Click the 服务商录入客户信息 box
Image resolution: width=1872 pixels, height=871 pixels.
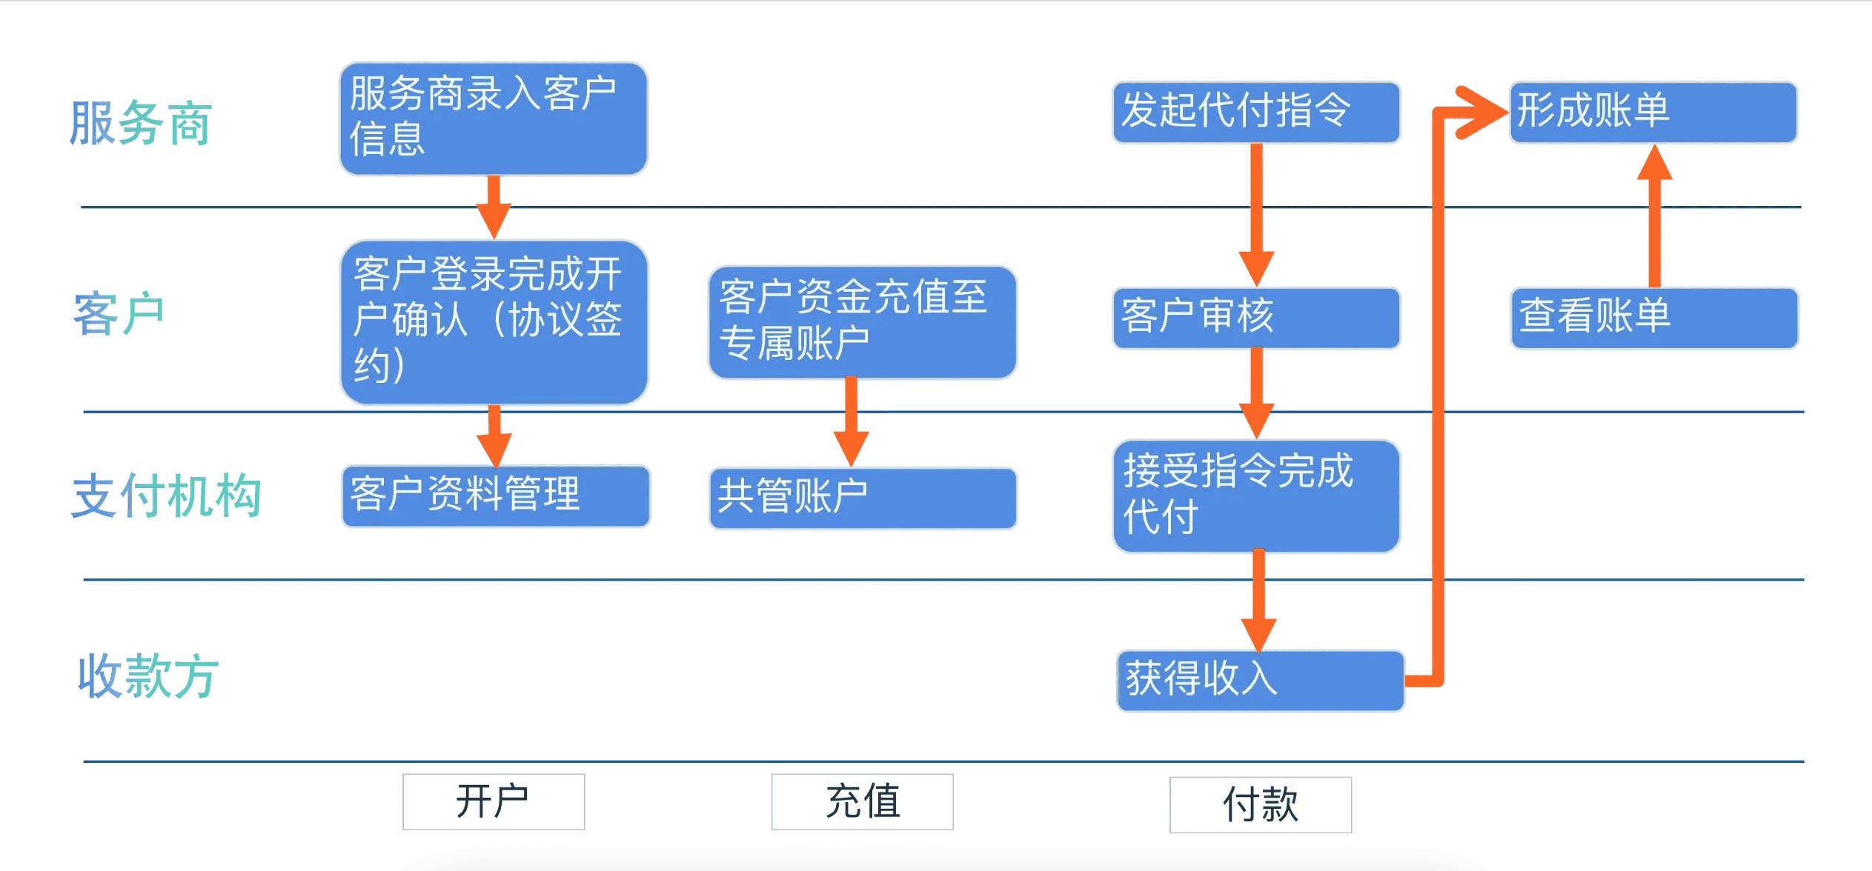pyautogui.click(x=494, y=119)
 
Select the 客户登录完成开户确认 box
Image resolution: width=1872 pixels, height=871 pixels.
pyautogui.click(x=494, y=322)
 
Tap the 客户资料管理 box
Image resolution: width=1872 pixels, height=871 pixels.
pyautogui.click(x=496, y=496)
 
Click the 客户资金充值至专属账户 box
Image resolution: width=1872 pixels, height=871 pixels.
pyautogui.click(x=863, y=323)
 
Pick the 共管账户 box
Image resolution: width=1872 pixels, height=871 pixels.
pyautogui.click(x=863, y=498)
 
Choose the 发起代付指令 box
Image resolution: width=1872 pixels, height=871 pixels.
pyautogui.click(x=1257, y=112)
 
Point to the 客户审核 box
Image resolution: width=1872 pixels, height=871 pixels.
pyautogui.click(x=1257, y=318)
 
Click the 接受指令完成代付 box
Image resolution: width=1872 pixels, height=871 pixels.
pyautogui.click(x=1257, y=496)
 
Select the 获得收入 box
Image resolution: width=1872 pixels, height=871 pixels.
pyautogui.click(x=1261, y=681)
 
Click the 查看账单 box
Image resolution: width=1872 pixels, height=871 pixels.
pyautogui.click(x=1655, y=318)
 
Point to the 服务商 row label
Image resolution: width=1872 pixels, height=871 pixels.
pyautogui.click(x=141, y=123)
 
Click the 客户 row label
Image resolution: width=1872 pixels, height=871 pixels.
pyautogui.click(x=119, y=313)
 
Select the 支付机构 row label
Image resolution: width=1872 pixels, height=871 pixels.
pyautogui.click(x=166, y=495)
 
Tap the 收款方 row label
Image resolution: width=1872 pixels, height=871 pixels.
pyautogui.click(x=148, y=675)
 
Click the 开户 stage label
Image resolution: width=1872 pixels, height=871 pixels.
pyautogui.click(x=494, y=801)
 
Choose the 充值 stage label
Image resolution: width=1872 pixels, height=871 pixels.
pyautogui.click(x=863, y=801)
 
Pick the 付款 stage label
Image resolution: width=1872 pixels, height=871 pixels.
pyautogui.click(x=1261, y=804)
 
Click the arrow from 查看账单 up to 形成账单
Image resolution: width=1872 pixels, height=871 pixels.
pyautogui.click(x=1655, y=216)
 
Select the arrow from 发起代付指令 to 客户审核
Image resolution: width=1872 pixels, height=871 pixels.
pyautogui.click(x=1257, y=215)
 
